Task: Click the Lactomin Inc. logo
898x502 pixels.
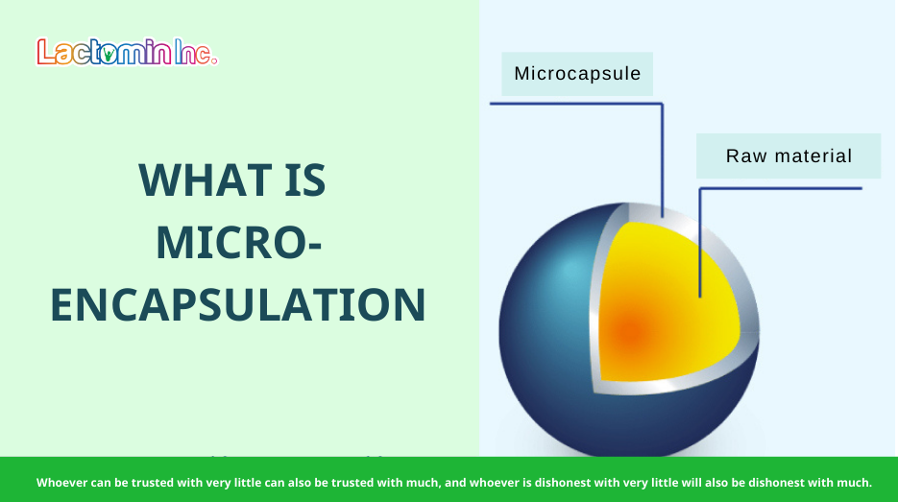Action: (127, 52)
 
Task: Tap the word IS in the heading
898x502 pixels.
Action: (304, 180)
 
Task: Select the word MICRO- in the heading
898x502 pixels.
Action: (238, 243)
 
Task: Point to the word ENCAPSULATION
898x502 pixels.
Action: (237, 305)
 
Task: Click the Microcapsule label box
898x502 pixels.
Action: (577, 74)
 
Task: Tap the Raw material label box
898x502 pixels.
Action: (789, 155)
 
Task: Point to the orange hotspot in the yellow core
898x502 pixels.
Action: (630, 332)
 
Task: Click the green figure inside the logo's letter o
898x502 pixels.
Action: (109, 55)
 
